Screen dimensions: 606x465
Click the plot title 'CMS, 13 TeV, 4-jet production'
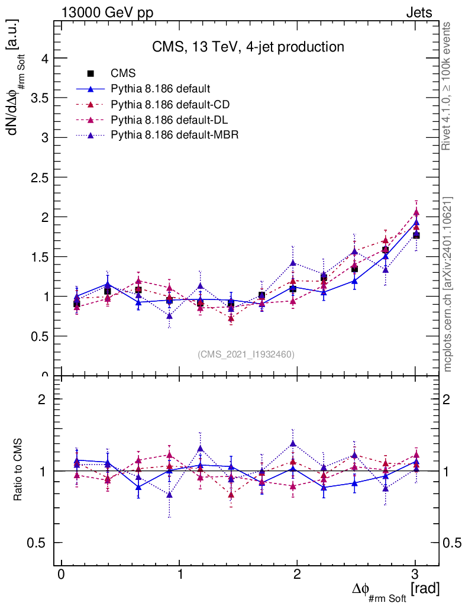click(247, 47)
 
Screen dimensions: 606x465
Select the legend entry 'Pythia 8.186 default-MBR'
click(175, 134)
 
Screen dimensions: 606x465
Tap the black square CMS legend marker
click(91, 73)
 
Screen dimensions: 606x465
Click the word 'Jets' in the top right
click(419, 13)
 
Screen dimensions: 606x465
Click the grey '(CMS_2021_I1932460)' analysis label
click(246, 354)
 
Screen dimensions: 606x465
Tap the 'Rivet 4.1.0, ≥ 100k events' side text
click(447, 86)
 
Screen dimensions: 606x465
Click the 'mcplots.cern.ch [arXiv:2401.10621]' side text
click(448, 284)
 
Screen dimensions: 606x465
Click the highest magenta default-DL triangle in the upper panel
click(416, 212)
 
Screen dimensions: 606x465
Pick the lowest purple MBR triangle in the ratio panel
click(170, 495)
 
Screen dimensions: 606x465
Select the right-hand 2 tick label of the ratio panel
click(450, 399)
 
